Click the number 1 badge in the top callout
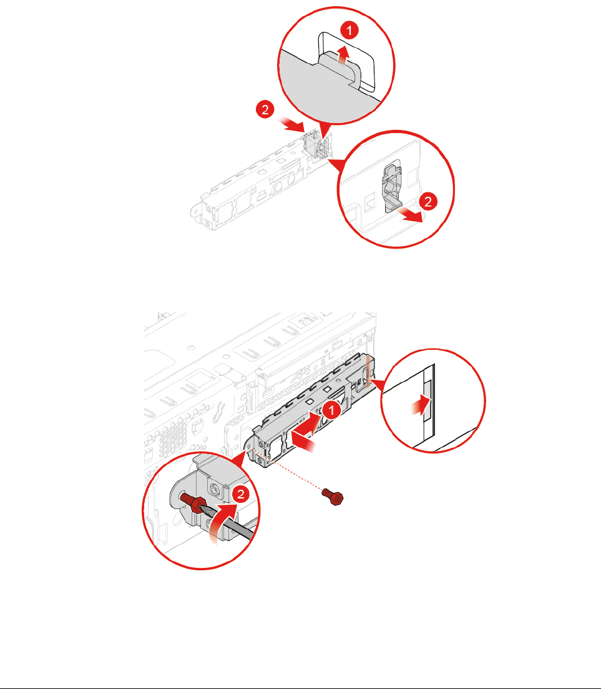(353, 30)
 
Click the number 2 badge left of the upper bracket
(264, 111)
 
